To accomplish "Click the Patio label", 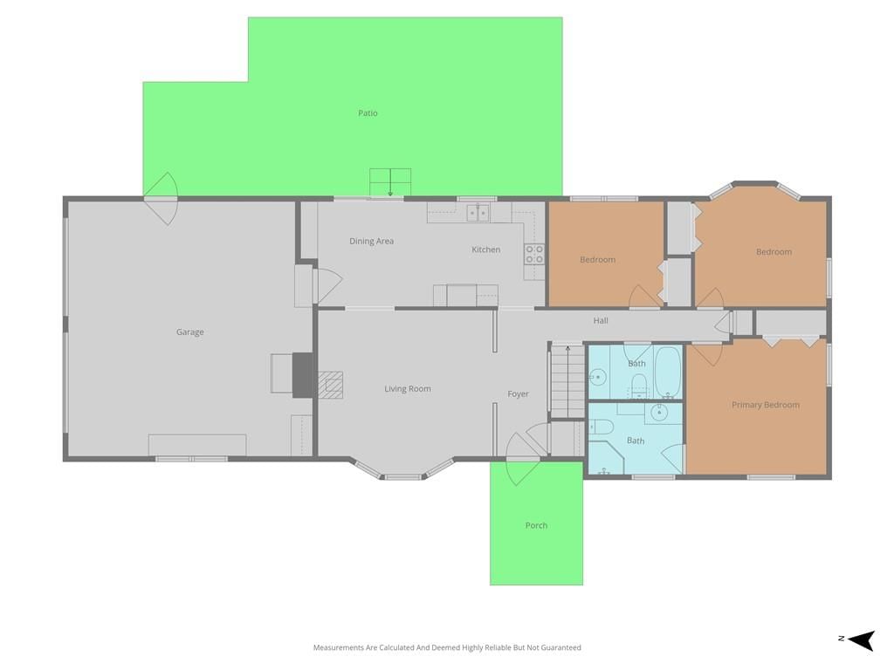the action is (x=368, y=113).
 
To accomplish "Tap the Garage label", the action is (x=189, y=332).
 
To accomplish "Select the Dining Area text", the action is (x=371, y=241).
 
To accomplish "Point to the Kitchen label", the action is (x=485, y=250).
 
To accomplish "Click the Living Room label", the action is (x=408, y=389).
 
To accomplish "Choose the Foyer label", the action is (x=519, y=393).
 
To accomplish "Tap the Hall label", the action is (x=601, y=321).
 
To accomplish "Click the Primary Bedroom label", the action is (x=765, y=405).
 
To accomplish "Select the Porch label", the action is (x=536, y=525).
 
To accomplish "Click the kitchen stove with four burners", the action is (x=534, y=254).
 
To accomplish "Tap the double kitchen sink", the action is (x=478, y=213).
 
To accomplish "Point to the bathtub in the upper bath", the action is (x=668, y=372).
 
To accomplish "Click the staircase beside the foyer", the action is (x=567, y=380).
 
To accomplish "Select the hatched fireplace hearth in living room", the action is (x=330, y=385).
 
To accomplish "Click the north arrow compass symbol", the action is (x=861, y=640).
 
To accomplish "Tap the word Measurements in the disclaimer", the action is (x=339, y=648).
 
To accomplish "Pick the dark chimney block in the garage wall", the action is (x=303, y=375).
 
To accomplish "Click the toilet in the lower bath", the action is (x=602, y=427).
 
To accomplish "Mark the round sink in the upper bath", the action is (x=597, y=377).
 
